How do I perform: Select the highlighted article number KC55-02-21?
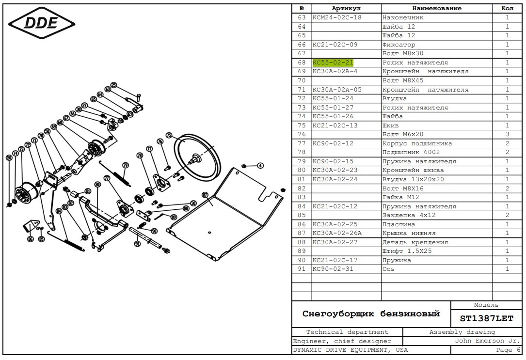[x=333, y=63]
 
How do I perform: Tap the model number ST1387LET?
[x=486, y=318]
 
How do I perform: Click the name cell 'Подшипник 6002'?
[x=411, y=152]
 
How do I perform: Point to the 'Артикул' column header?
[x=346, y=8]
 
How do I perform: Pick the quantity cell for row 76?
[x=507, y=134]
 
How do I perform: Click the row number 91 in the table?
[x=302, y=269]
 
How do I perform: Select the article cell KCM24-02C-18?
[x=337, y=17]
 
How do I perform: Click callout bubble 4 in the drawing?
[x=260, y=166]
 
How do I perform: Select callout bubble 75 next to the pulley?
[x=169, y=136]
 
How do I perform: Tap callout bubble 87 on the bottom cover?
[x=205, y=195]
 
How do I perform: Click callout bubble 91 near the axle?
[x=137, y=244]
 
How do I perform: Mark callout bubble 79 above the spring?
[x=125, y=165]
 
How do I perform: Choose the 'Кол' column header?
[x=507, y=8]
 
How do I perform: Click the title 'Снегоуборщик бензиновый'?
[x=371, y=313]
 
